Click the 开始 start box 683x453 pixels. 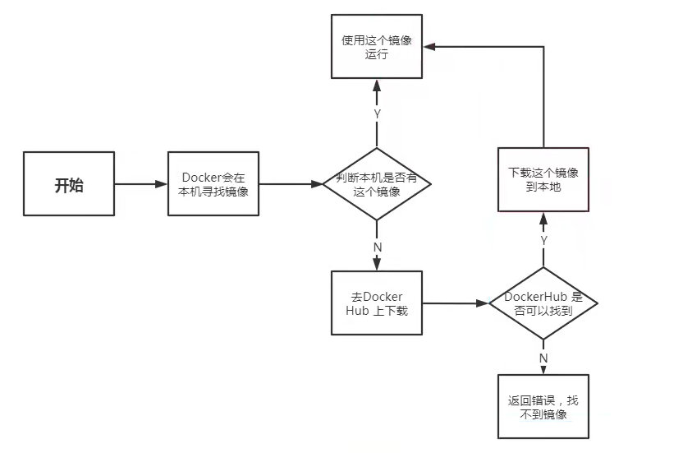69,185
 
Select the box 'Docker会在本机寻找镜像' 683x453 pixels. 213,185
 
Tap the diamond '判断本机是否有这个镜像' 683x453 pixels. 377,185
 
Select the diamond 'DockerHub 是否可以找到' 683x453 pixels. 543,303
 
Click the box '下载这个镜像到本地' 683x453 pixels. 543,180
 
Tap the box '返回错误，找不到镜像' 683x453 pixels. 543,406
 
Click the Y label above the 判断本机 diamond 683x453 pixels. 377,114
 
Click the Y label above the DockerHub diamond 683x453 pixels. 543,239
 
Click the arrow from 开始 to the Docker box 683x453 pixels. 140,185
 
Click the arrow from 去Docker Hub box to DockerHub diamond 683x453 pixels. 456,303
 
